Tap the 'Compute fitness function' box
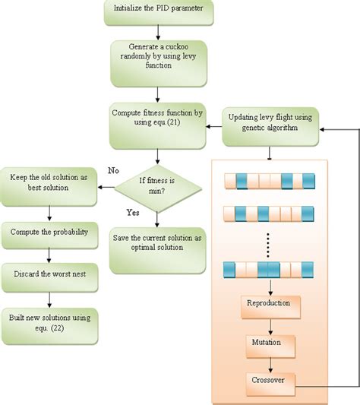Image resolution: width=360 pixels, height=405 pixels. point(157,120)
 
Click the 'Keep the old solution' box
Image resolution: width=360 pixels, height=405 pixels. point(49,183)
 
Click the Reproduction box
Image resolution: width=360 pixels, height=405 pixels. point(270,304)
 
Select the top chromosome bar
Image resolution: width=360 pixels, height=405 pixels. point(270,181)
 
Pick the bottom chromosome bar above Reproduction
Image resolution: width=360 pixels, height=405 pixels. point(270,270)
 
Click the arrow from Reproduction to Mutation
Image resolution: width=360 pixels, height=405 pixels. point(270,324)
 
